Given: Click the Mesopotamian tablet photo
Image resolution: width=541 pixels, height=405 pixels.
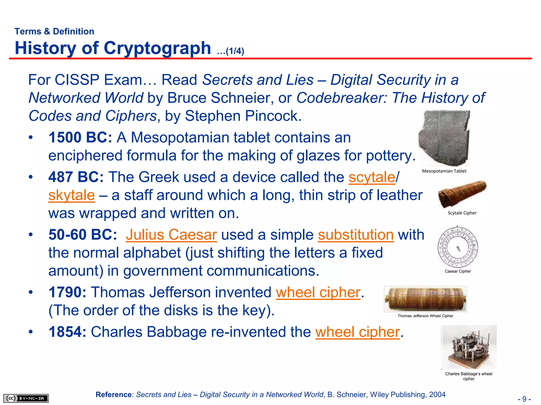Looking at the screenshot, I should tap(444, 138).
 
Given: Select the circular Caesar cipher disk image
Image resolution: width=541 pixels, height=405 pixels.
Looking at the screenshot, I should tap(458, 247).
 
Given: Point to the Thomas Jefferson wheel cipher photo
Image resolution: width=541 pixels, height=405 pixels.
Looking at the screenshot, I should tap(425, 299).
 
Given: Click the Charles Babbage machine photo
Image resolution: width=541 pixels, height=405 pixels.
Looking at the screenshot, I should tap(469, 347).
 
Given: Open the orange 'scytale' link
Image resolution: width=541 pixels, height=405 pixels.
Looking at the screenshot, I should tap(372, 177).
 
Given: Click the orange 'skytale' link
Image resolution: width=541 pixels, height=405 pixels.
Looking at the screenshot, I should tap(71, 195).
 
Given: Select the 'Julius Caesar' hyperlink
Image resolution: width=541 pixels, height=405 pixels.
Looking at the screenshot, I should tap(171, 235).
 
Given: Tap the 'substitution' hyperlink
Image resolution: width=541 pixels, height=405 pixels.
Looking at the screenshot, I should tap(356, 235).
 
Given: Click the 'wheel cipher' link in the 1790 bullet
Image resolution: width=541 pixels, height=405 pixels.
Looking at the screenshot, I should tap(318, 292).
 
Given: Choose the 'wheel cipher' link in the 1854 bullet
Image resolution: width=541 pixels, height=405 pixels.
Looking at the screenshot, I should tap(357, 332).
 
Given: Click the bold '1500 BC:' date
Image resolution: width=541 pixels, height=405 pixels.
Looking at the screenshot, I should tap(80, 138).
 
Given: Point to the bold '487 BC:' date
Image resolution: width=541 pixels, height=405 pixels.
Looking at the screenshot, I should tap(76, 177).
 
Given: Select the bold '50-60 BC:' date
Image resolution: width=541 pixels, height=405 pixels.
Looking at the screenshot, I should tap(83, 235).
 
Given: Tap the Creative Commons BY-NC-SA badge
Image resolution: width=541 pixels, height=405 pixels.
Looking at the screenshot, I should tap(26, 398).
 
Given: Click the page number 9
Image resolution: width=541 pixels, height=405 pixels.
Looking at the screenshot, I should tap(524, 399).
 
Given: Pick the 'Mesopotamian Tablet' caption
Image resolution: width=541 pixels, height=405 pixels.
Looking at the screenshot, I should tap(444, 171).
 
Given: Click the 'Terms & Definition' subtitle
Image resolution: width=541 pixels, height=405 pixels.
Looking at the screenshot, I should tap(54, 31).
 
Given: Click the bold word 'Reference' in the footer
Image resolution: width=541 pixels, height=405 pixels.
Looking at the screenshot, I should tap(114, 394).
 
